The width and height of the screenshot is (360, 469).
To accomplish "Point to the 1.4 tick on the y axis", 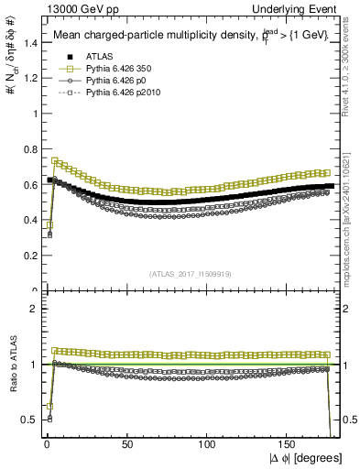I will pos(29,43).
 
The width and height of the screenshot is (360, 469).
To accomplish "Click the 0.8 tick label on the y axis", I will pos(29,149).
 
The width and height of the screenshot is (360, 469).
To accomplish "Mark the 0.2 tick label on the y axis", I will pos(29,256).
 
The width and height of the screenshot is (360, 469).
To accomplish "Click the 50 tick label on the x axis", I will pos(127,443).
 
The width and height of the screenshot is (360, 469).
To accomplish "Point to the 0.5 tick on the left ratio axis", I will pos(29,420).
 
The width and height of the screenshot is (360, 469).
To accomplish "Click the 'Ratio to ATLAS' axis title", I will pos(10,364).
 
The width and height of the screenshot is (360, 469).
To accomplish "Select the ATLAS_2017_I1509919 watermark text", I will pos(191,273).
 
